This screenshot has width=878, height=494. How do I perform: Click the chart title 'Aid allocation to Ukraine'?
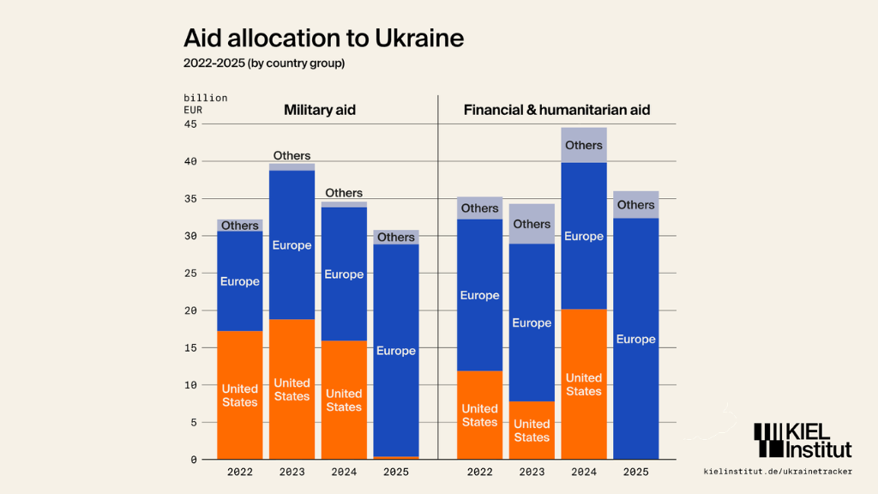[323, 39]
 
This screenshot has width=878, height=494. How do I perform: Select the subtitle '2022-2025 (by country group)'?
[264, 63]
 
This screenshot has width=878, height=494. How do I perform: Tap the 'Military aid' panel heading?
[320, 110]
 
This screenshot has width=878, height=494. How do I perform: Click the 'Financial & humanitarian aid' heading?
[556, 110]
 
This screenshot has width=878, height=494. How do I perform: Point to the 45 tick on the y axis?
[189, 124]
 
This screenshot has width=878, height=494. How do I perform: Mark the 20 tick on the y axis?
[189, 310]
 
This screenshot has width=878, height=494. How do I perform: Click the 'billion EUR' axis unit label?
[205, 104]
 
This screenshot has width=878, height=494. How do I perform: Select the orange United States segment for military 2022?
[240, 395]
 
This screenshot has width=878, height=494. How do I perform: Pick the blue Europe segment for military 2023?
[292, 245]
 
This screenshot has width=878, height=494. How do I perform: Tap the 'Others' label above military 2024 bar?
[344, 193]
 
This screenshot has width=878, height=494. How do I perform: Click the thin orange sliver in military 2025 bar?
[396, 458]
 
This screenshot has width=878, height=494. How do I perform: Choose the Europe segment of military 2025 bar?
[396, 350]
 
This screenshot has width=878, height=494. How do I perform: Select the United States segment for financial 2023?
[532, 430]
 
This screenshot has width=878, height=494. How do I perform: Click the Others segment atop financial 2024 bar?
[584, 145]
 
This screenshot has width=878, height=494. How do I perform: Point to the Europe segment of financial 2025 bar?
[636, 339]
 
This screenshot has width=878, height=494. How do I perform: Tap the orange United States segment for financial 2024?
[584, 384]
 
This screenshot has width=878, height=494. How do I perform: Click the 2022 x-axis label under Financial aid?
[479, 472]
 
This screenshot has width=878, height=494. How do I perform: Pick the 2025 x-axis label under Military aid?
[396, 472]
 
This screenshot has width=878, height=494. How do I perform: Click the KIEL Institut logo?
[803, 440]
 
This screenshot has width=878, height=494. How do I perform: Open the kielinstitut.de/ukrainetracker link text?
[777, 472]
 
